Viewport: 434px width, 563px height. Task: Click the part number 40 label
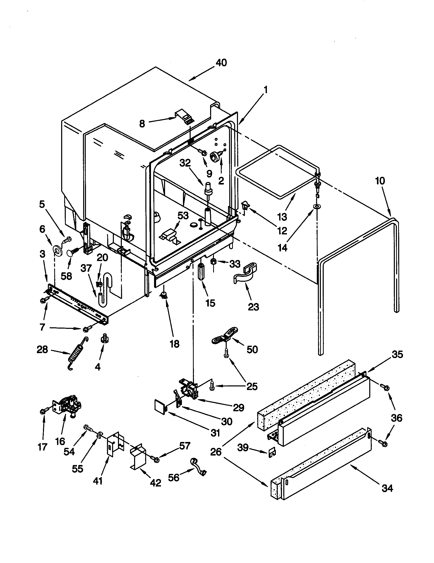click(x=221, y=63)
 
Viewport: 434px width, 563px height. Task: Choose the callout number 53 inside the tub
click(x=183, y=215)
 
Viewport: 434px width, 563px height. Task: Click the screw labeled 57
click(x=156, y=459)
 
